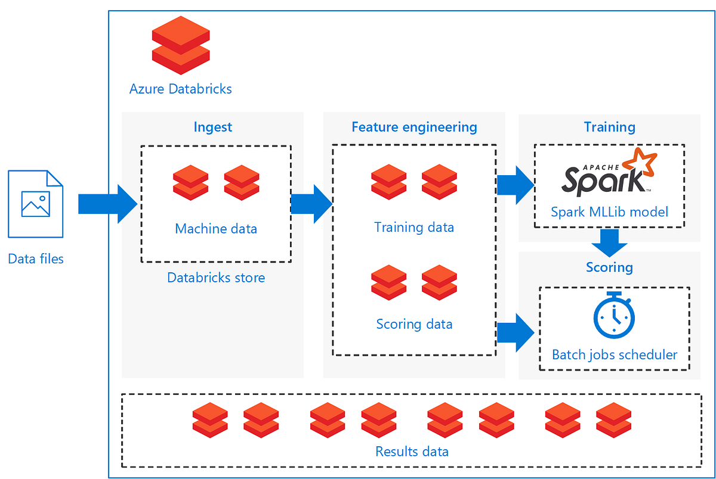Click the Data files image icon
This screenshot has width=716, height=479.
coord(35,204)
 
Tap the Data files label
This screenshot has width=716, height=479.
coord(36,259)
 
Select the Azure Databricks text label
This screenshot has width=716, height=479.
coord(181,89)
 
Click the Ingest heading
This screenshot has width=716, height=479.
coord(213,127)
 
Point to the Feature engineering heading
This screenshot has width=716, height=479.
coord(414,127)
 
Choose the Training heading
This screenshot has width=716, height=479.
coord(609,127)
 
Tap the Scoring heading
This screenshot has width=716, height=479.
coord(609,267)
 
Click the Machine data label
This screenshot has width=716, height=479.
coord(216,229)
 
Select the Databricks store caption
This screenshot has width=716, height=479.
coord(216,278)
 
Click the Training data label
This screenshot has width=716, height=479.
coord(414,227)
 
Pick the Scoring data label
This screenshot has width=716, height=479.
coord(414,324)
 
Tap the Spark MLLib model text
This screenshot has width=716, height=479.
coord(609,211)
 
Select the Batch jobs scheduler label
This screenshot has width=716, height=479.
coord(615,355)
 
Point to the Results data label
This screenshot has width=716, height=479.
coord(412,451)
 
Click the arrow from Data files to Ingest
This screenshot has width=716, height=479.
coord(107,204)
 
